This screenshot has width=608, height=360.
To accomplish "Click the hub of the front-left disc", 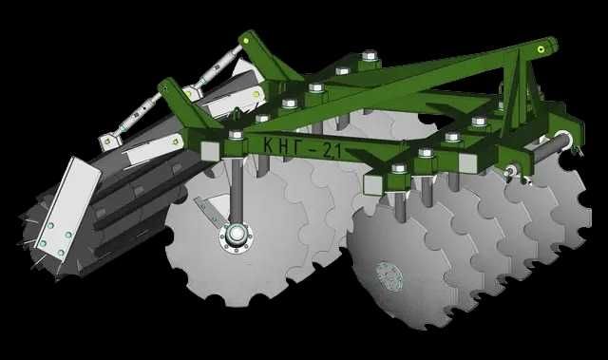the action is point(236,235).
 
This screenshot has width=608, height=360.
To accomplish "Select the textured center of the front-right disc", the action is point(389,275).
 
